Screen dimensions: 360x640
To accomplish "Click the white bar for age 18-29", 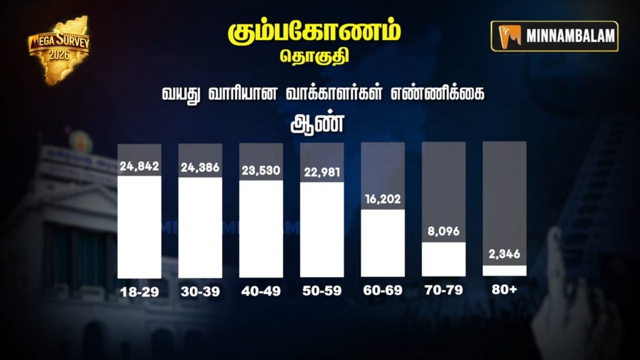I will click(139, 227).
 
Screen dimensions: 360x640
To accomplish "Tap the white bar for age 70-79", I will click(444, 259).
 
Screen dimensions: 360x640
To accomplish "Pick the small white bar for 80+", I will click(504, 270).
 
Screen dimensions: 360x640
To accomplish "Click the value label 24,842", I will click(139, 167).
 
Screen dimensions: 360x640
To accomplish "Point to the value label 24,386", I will click(200, 168).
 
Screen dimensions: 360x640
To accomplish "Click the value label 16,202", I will click(382, 200).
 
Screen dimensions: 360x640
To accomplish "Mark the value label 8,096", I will click(444, 232).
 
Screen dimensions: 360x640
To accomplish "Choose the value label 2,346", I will click(504, 254).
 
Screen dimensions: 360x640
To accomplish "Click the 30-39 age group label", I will click(200, 291).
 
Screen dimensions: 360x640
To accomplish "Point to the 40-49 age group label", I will click(261, 291).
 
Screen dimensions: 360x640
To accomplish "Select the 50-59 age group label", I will click(322, 291).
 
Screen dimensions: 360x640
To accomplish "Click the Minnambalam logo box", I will click(554, 36).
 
